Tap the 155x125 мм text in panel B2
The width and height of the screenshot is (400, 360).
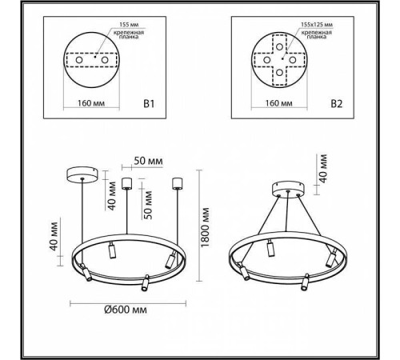coord(310,25)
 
